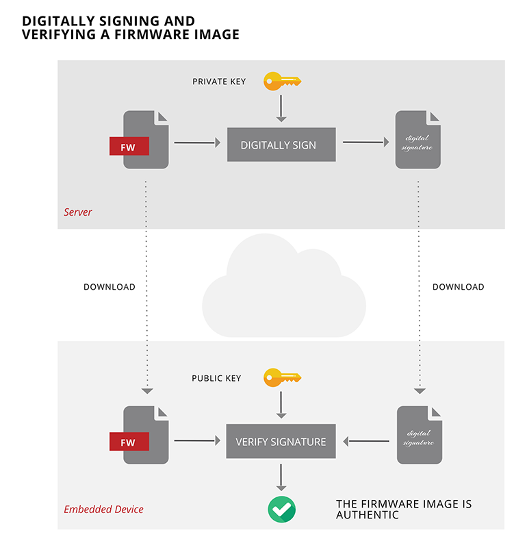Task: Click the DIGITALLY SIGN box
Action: [x=281, y=145]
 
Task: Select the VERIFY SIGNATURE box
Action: [x=281, y=442]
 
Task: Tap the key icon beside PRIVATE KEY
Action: [x=282, y=82]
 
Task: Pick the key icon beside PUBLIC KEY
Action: [x=282, y=377]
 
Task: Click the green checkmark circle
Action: [x=281, y=508]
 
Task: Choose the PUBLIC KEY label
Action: [x=216, y=378]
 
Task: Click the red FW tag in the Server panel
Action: [x=129, y=146]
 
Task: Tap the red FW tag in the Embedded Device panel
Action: [x=129, y=442]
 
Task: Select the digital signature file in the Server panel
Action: [x=418, y=140]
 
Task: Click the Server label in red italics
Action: [x=77, y=212]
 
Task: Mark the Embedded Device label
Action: [x=103, y=510]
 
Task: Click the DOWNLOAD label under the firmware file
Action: [x=110, y=287]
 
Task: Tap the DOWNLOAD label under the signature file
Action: [x=458, y=287]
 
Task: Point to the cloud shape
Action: [x=282, y=288]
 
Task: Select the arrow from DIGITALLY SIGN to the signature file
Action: [x=365, y=142]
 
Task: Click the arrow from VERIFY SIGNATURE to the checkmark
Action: [x=281, y=477]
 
